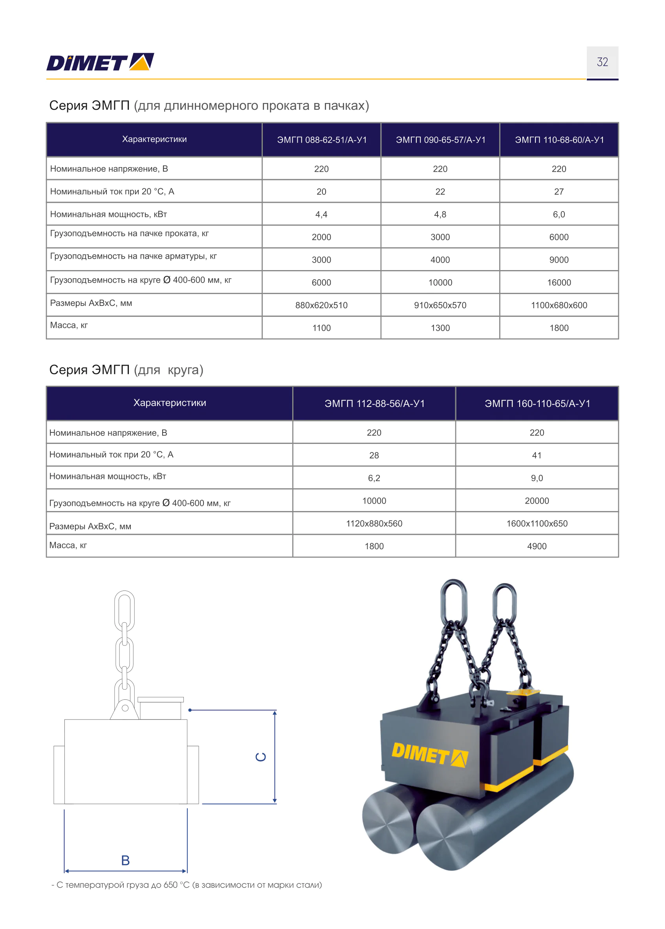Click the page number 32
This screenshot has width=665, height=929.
602,62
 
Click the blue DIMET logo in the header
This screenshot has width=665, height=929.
100,62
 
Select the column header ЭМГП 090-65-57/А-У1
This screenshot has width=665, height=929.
440,140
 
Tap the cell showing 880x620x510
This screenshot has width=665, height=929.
321,305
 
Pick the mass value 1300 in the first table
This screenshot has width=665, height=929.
440,328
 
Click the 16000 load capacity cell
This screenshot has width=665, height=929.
559,282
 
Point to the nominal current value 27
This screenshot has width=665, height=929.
559,191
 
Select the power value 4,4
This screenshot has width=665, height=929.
321,214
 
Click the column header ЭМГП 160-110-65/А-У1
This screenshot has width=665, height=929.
537,403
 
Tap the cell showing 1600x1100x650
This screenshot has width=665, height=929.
537,524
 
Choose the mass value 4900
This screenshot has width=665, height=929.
537,546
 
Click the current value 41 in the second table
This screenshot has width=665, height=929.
537,455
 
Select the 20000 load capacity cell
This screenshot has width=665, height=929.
537,500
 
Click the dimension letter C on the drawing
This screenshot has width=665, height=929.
261,756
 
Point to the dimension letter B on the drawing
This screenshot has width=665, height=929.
126,860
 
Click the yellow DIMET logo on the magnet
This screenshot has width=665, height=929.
429,754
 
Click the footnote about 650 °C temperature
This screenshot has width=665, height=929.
187,885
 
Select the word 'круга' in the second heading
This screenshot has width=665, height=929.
185,370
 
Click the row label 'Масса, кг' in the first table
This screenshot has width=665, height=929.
69,325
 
